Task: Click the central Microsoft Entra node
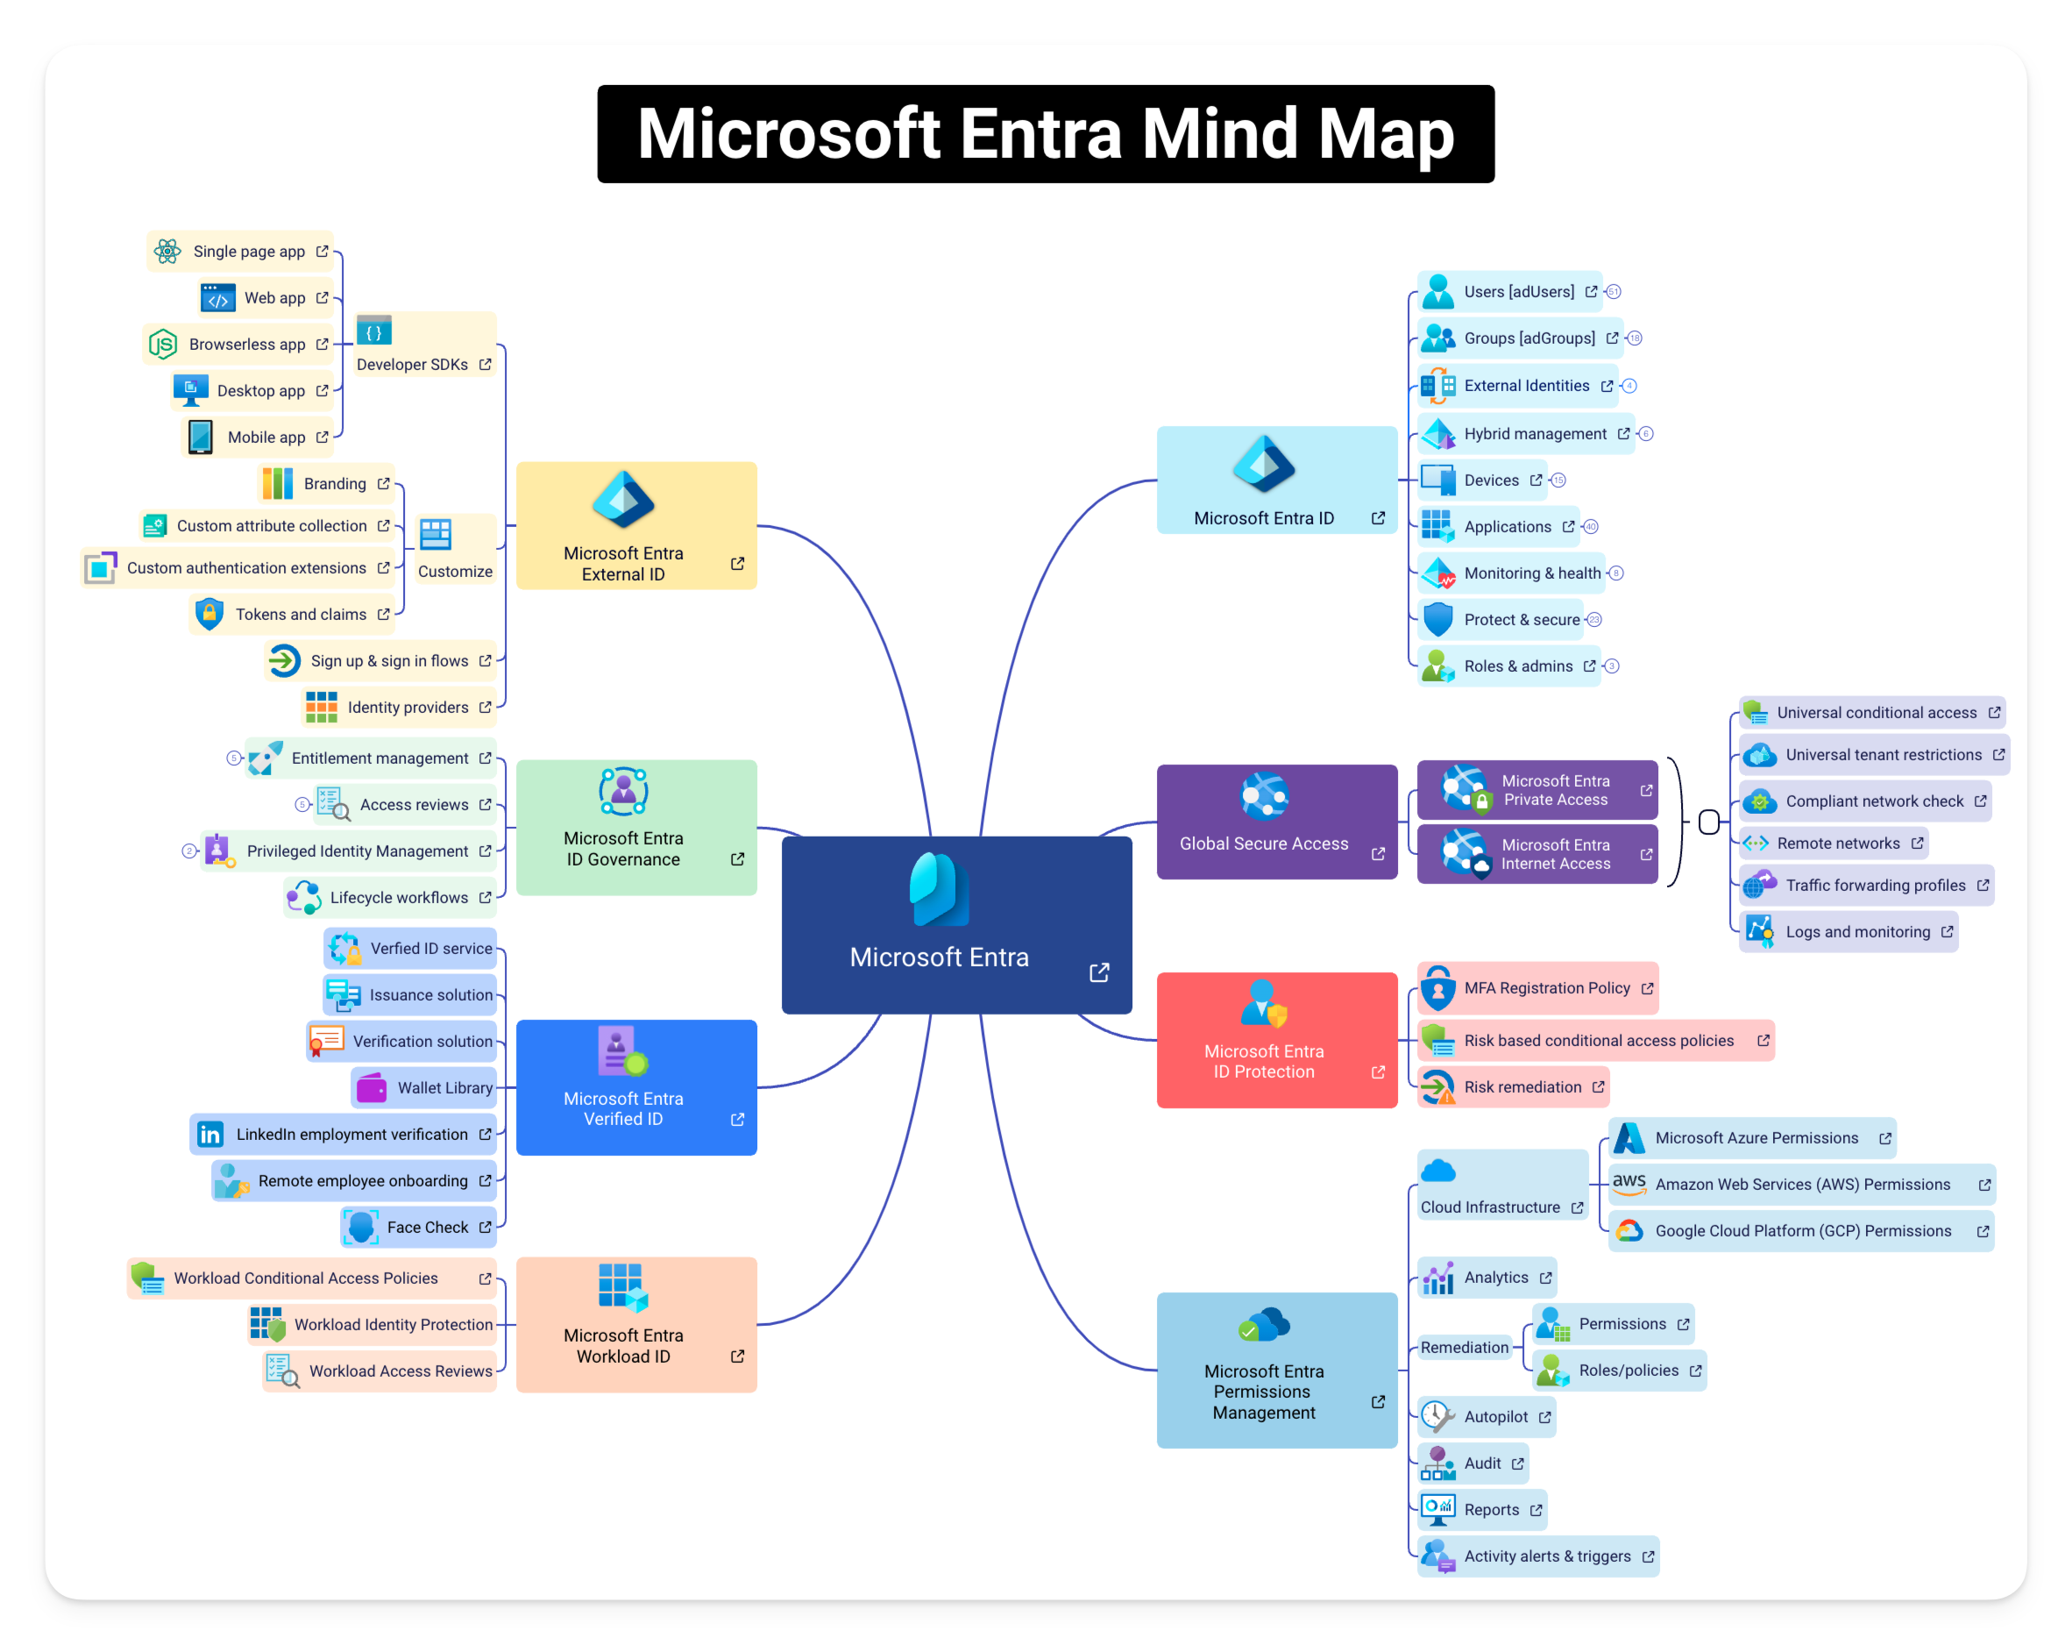[x=956, y=925]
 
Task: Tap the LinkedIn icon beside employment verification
[x=209, y=1135]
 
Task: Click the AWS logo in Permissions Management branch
[x=1628, y=1184]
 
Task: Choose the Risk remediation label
[x=1522, y=1087]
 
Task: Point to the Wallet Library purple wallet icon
[x=371, y=1087]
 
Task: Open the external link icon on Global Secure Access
[x=1378, y=854]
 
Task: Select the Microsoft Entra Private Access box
[x=1536, y=790]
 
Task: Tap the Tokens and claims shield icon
[x=209, y=614]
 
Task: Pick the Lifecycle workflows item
[x=389, y=897]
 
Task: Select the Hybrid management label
[x=1535, y=433]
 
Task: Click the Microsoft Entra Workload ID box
[x=636, y=1324]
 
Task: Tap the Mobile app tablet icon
[x=201, y=437]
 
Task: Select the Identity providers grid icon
[x=321, y=707]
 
